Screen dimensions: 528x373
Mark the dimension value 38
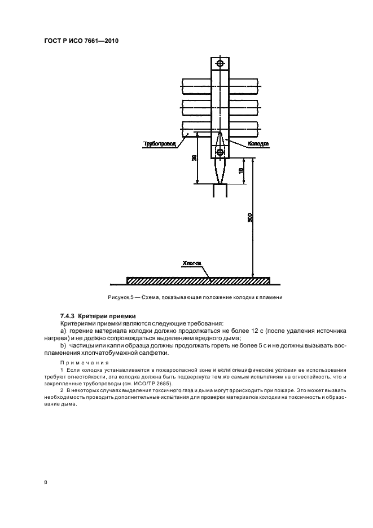click(x=194, y=159)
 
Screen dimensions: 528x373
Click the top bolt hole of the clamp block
click(x=220, y=63)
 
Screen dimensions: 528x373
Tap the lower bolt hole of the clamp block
click(x=220, y=151)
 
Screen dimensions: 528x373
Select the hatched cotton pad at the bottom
click(x=198, y=280)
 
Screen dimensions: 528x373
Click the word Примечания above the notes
click(x=80, y=363)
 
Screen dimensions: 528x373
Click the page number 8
click(x=45, y=483)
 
